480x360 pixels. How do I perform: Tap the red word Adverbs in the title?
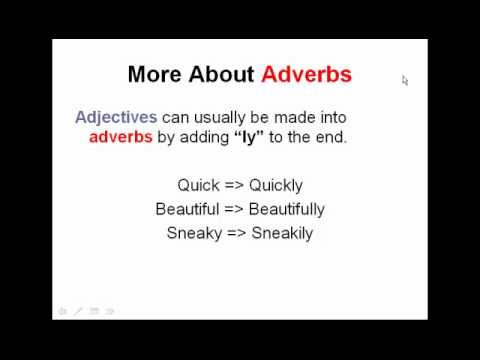point(306,74)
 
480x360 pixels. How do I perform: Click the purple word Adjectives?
point(116,117)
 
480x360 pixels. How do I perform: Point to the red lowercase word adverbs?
point(120,137)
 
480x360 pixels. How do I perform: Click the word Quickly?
point(276,185)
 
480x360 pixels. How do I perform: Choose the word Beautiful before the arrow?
point(185,209)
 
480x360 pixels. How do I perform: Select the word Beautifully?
point(286,209)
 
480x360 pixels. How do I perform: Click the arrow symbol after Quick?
point(232,185)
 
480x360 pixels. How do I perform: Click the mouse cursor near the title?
point(405,80)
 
